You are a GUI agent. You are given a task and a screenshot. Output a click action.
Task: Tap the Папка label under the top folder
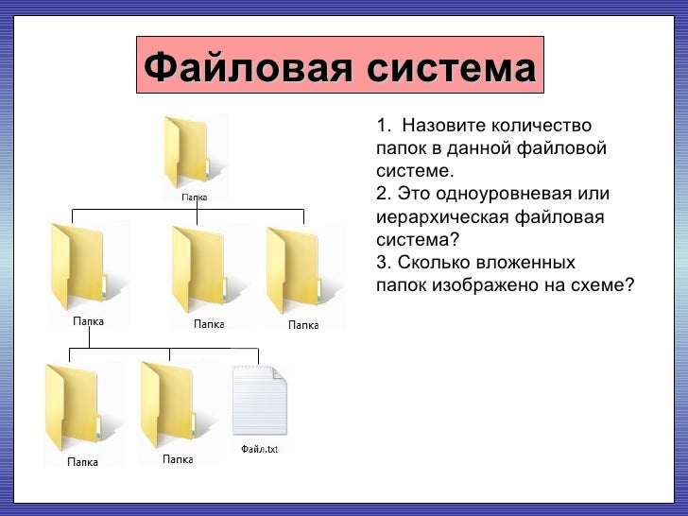coord(195,198)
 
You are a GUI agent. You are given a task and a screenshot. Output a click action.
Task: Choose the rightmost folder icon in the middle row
coord(296,269)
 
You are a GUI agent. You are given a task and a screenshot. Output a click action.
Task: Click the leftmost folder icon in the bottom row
coord(75,407)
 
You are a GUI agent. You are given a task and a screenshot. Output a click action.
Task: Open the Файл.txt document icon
coord(259,400)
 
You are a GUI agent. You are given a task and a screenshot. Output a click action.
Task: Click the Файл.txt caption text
coord(260,449)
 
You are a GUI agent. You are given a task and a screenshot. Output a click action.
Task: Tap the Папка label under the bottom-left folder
coord(81,464)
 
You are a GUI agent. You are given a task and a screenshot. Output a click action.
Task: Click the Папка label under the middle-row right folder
coord(303,324)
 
